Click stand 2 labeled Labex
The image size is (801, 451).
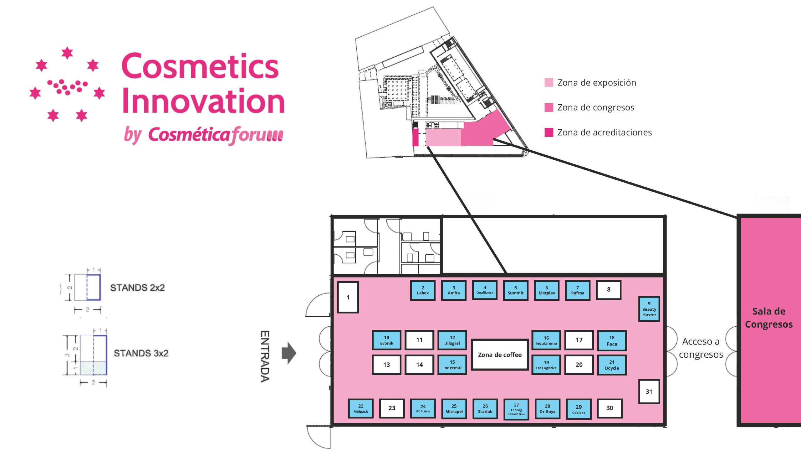click(422, 290)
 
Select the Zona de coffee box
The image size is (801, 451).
click(500, 355)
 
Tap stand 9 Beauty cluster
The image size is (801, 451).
click(649, 309)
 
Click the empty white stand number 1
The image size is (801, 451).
click(348, 297)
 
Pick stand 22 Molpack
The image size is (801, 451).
click(360, 408)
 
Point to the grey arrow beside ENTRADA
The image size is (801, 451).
click(289, 353)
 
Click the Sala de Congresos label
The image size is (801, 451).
click(769, 318)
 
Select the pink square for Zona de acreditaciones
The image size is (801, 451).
click(549, 132)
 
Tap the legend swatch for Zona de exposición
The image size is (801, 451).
click(549, 83)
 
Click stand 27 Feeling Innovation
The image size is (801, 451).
click(516, 409)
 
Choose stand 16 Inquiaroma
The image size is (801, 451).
click(546, 340)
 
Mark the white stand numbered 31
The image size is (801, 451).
click(649, 391)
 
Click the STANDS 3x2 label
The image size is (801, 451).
click(141, 353)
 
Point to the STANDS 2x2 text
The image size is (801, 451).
click(137, 288)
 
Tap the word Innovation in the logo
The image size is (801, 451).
click(203, 101)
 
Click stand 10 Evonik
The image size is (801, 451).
click(386, 340)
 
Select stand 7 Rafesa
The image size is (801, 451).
click(578, 290)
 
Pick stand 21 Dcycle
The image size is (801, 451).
click(612, 365)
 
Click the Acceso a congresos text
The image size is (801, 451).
click(701, 348)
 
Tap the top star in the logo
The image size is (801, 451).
click(67, 53)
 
